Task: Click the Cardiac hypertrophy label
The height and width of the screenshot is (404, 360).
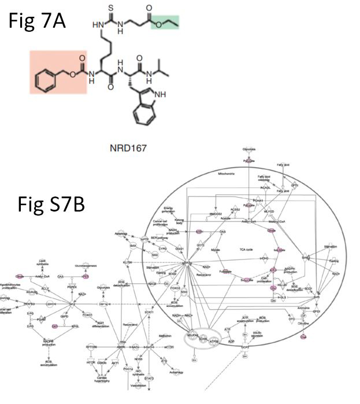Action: coord(103,381)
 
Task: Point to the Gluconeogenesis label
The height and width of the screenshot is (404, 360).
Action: coord(86,265)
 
